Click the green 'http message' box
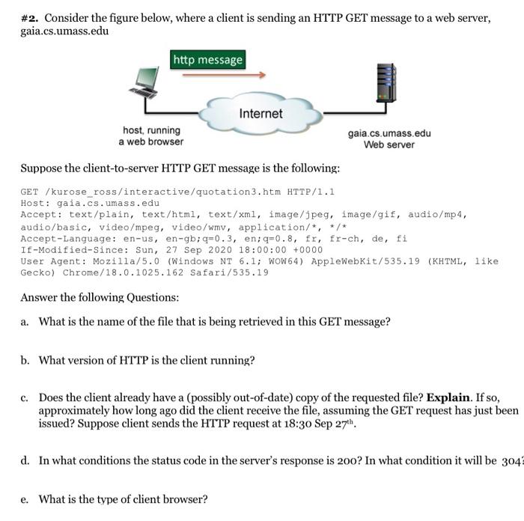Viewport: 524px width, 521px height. pyautogui.click(x=208, y=59)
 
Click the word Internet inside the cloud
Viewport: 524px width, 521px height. pyautogui.click(x=261, y=114)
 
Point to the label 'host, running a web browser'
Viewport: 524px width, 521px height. pyautogui.click(x=150, y=135)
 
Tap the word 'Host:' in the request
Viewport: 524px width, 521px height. pyautogui.click(x=35, y=203)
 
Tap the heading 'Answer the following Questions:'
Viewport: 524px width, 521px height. pyautogui.click(x=100, y=297)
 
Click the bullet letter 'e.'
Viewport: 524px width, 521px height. pyautogui.click(x=25, y=499)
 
